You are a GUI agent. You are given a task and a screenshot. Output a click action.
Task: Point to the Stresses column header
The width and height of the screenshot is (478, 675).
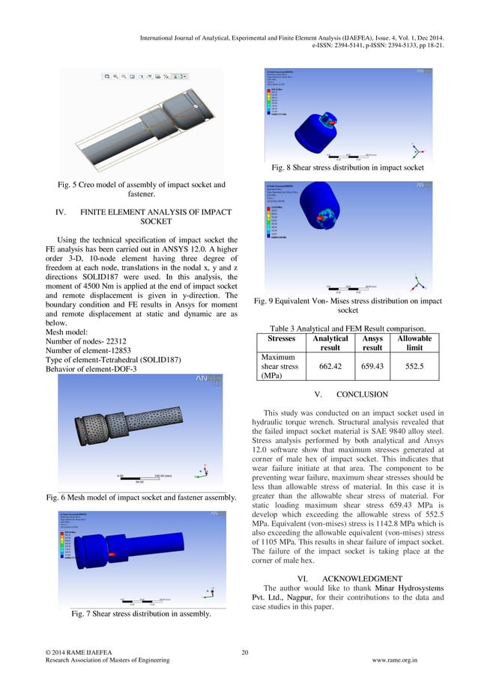pos(281,339)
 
